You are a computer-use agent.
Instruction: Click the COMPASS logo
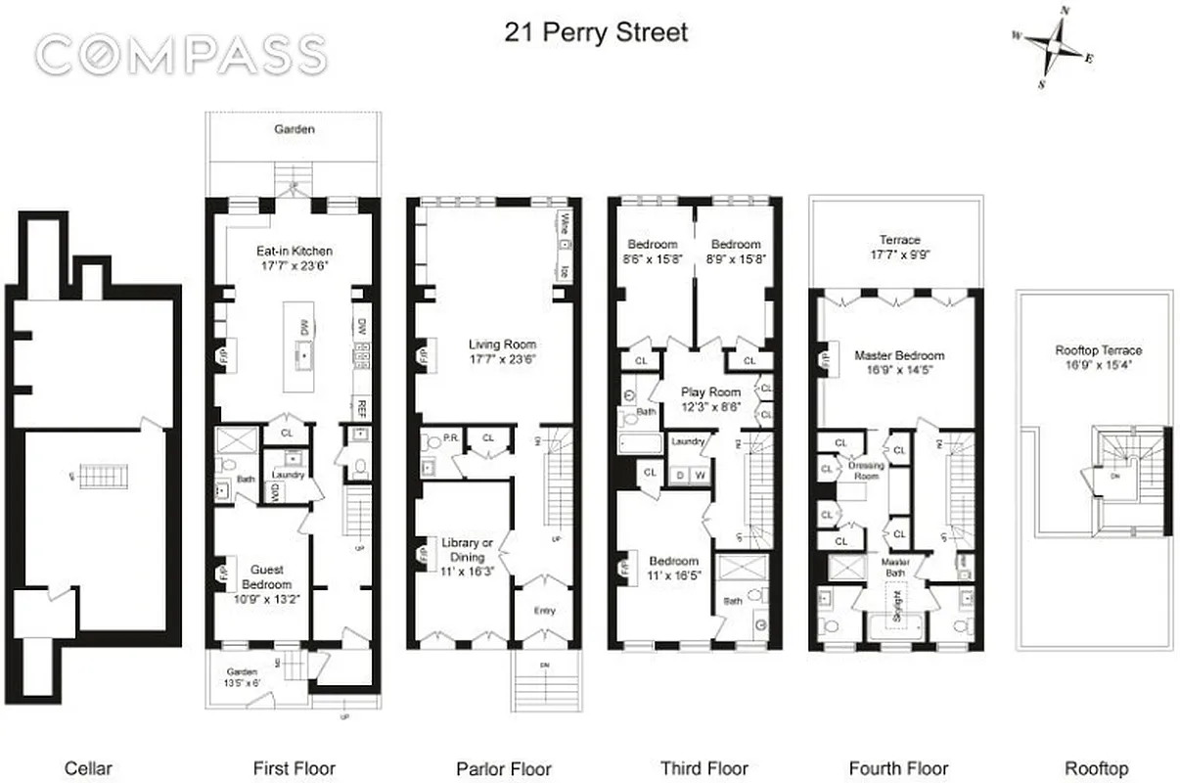pos(180,55)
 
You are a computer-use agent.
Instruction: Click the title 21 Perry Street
pos(596,32)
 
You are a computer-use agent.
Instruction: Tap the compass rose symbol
pos(1055,44)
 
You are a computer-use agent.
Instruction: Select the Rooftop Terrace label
pos(1098,349)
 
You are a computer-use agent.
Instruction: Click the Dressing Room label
pos(866,466)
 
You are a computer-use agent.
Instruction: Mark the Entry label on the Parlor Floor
pos(545,611)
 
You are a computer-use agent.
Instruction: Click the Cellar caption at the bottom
pos(88,768)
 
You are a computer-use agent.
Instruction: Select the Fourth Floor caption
pos(899,768)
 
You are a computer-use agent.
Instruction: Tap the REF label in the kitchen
pos(360,407)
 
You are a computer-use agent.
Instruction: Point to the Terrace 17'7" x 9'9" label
pos(898,247)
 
